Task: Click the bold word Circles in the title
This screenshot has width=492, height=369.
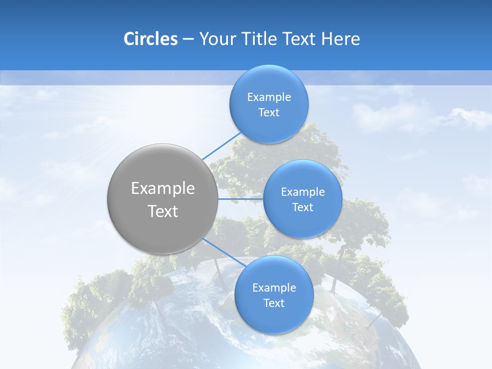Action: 150,39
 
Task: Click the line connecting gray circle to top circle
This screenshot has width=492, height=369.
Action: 221,146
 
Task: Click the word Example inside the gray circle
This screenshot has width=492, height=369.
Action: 163,189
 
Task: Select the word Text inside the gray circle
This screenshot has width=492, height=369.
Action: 163,211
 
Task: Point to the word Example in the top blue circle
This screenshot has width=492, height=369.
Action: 269,97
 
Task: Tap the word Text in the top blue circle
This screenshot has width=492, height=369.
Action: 269,113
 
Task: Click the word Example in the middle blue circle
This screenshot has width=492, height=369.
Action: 303,192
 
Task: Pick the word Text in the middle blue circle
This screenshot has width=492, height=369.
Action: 303,208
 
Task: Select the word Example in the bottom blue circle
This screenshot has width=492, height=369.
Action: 274,288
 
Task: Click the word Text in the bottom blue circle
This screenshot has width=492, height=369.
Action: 274,303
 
